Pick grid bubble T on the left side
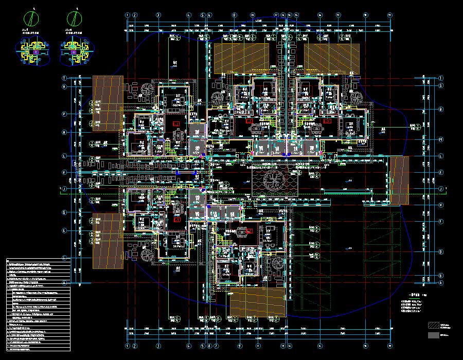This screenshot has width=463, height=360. click(x=65, y=78)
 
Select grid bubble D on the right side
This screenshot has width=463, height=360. click(x=441, y=251)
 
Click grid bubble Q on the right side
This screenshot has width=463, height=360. click(x=441, y=110)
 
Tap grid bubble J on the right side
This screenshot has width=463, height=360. click(x=441, y=189)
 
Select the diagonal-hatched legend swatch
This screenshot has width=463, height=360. click(x=434, y=325)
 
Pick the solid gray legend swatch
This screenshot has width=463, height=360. click(x=434, y=335)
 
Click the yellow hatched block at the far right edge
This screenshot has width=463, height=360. click(x=398, y=180)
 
